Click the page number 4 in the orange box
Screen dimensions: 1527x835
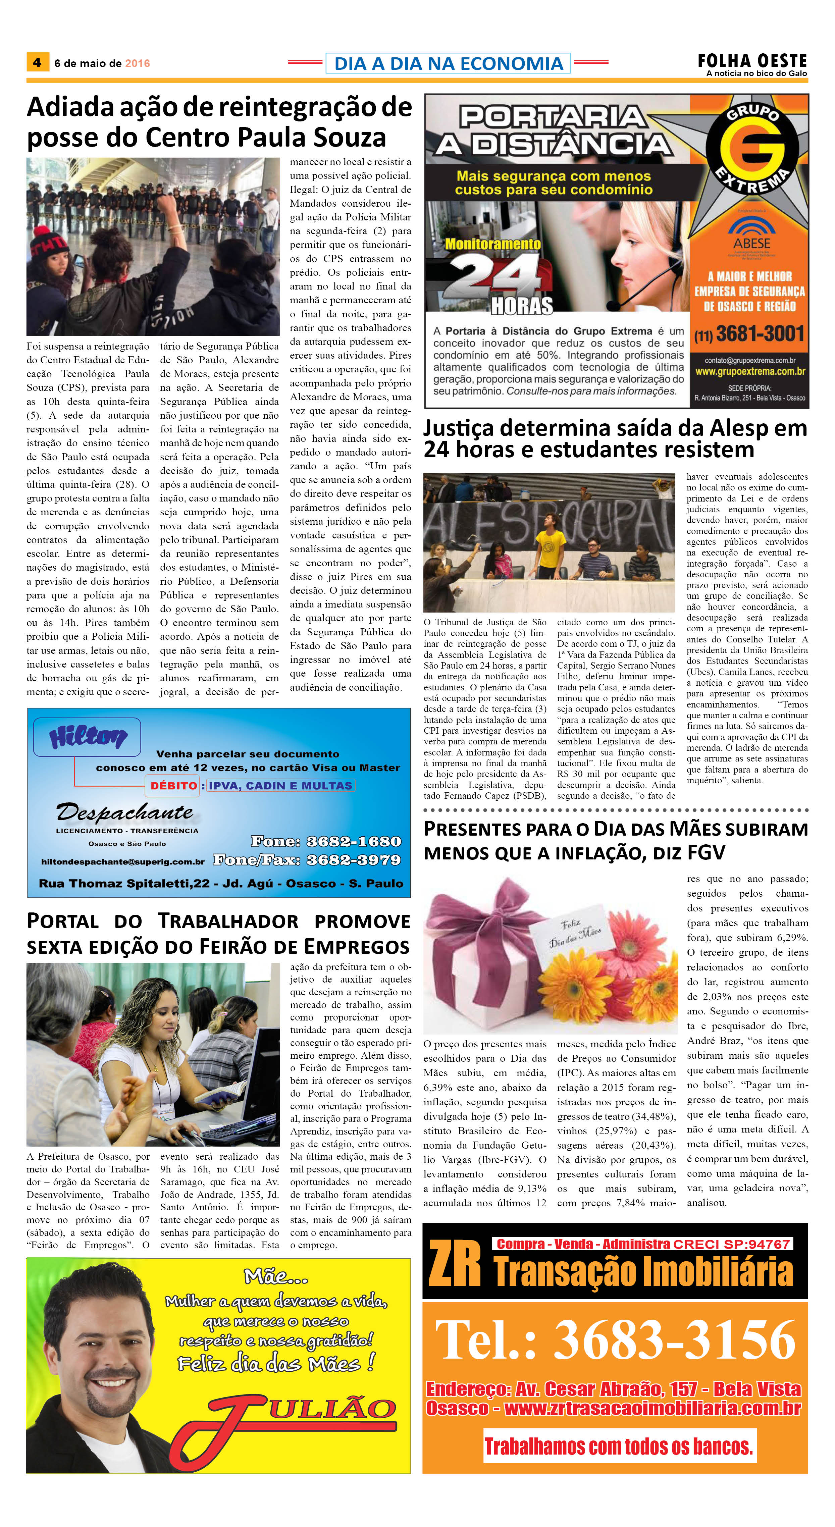[37, 62]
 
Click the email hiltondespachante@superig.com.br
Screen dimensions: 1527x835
[123, 861]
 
